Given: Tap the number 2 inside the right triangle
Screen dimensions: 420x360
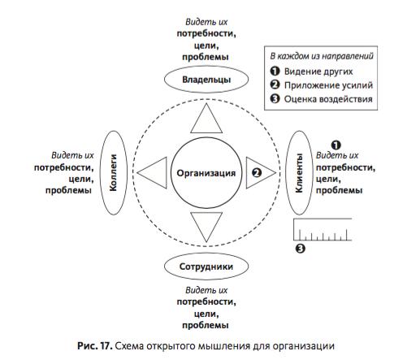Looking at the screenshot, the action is point(257,173).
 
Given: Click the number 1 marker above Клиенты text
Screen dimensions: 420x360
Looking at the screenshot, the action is point(336,145).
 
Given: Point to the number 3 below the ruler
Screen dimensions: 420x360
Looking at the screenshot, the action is point(300,249).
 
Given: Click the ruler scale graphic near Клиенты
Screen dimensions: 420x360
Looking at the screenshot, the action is point(323,229).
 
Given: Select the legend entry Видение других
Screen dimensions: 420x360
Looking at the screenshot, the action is point(318,72).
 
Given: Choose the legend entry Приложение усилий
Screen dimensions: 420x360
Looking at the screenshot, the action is point(328,85).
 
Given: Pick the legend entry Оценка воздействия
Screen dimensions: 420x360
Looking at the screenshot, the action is point(328,99).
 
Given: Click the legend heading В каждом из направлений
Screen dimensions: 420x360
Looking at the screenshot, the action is point(322,56).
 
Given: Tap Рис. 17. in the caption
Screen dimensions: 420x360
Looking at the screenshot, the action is point(95,346).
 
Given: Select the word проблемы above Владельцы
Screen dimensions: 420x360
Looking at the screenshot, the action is point(206,57).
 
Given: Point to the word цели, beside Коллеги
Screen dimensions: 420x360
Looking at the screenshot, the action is point(81,179).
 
